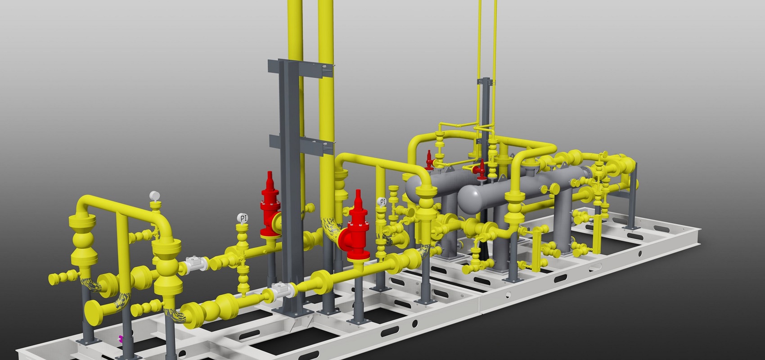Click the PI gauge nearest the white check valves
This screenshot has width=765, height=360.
(x=243, y=218)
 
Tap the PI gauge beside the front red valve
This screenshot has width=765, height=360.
(x=382, y=202)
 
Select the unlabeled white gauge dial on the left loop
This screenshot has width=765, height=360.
(x=155, y=196)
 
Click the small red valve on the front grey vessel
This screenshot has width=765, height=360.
(x=481, y=169)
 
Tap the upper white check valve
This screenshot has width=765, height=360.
(x=195, y=264)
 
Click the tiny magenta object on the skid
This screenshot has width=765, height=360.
(x=120, y=338)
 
